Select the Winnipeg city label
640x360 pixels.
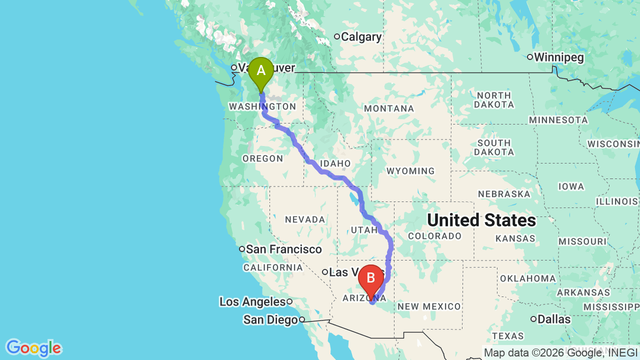(558, 57)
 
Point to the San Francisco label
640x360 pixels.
(283, 249)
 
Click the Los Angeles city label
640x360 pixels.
(252, 302)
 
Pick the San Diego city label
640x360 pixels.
(270, 319)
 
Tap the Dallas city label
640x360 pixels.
(554, 319)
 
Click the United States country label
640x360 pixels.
(481, 220)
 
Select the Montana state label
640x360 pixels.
(389, 108)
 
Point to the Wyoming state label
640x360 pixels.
(410, 171)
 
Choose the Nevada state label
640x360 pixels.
(305, 219)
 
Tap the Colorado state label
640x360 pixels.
(434, 236)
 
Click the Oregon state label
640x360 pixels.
(262, 158)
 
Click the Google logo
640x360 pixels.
(33, 348)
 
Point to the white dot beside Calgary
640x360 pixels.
(337, 36)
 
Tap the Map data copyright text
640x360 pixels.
(560, 353)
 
